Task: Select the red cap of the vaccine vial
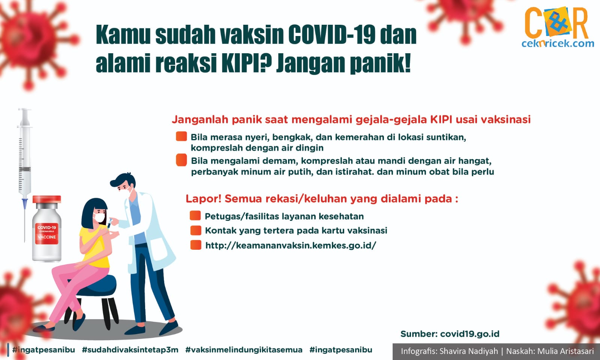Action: (x=47, y=199)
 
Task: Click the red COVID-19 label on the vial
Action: (x=47, y=233)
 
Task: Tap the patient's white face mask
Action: (x=99, y=217)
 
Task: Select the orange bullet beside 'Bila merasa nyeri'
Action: (x=181, y=136)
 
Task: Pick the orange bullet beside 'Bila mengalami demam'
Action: (x=181, y=160)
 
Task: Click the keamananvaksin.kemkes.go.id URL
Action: (x=291, y=245)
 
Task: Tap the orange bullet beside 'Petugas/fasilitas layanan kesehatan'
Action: (x=195, y=216)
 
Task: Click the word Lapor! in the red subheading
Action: (x=204, y=199)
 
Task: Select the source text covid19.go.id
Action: (x=470, y=334)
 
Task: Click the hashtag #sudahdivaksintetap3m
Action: (x=130, y=350)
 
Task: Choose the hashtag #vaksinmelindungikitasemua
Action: (x=244, y=350)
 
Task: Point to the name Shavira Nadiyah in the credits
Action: (x=469, y=351)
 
